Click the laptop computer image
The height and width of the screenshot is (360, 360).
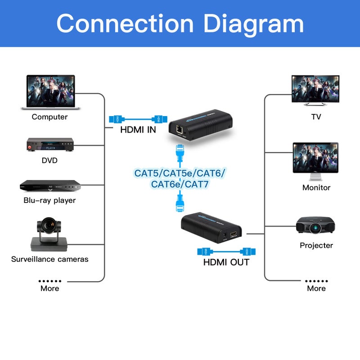coord(50,92)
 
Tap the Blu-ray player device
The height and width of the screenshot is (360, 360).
coord(49,185)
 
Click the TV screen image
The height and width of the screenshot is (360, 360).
coord(315,90)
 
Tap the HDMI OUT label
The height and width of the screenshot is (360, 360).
coord(226,262)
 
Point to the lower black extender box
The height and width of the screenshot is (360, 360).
coord(211,225)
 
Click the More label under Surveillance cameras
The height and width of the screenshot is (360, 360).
coord(49,288)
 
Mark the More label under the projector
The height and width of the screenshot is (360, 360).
coord(316,288)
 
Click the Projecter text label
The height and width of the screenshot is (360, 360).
coord(316,245)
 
